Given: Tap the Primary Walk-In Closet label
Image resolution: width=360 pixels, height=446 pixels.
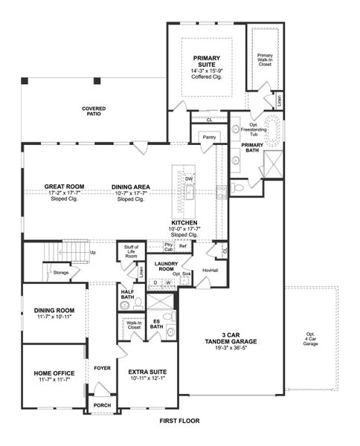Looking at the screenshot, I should coord(265,59).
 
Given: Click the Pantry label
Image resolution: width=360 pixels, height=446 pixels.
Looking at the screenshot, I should coord(208,137).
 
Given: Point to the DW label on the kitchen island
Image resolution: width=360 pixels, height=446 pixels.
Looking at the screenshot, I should coord(189,179).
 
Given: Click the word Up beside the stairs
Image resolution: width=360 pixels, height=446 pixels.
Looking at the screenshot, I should coord(93,252).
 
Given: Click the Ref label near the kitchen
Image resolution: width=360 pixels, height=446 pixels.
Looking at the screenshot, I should coord(182,246).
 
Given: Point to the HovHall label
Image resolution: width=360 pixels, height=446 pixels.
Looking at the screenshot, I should coord(209,270).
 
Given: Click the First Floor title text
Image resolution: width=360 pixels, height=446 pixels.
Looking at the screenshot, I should coord(180,421).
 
